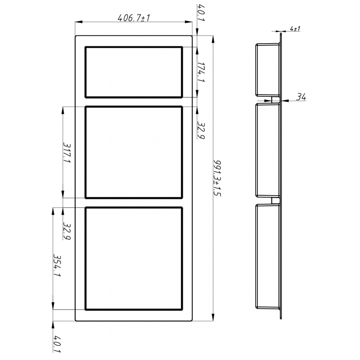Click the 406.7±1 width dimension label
pyautogui.click(x=134, y=18)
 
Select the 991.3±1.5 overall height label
pyautogui.click(x=217, y=178)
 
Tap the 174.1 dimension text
pyautogui.click(x=201, y=72)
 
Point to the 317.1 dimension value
pyautogui.click(x=67, y=153)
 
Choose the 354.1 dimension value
pyautogui.click(x=57, y=265)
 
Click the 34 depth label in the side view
pyautogui.click(x=301, y=97)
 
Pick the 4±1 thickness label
pyautogui.click(x=295, y=29)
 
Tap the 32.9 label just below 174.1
pyautogui.click(x=201, y=131)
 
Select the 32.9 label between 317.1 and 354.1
pyautogui.click(x=67, y=230)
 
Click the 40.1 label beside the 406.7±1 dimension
pyautogui.click(x=200, y=13)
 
